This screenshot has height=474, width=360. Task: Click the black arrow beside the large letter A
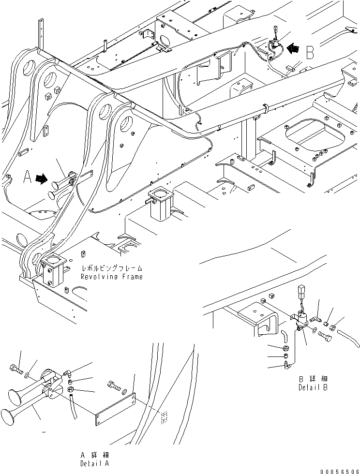(43, 179)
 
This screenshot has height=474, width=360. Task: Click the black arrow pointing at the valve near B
(293, 48)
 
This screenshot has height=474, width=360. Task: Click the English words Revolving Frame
(112, 277)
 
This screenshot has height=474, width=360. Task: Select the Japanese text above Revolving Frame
(112, 268)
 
